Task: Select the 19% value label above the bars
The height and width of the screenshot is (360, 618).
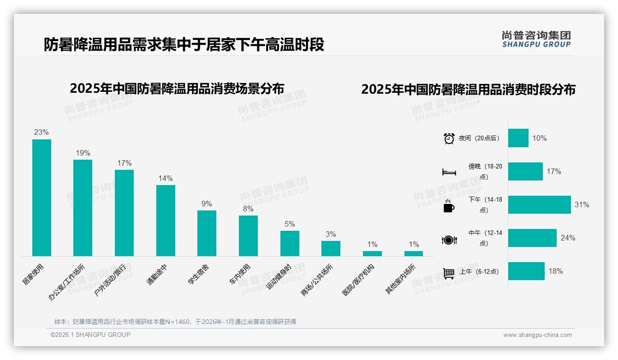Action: pos(83,153)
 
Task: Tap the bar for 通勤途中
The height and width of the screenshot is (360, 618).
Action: pos(166,220)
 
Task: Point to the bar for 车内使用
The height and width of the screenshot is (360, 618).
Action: pos(248,235)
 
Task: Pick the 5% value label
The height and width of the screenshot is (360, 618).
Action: pos(290,224)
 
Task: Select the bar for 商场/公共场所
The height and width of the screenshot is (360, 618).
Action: pos(331,248)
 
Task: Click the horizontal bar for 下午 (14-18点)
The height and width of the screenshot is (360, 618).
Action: pos(539,204)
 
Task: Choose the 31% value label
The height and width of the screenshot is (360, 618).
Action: pos(582,204)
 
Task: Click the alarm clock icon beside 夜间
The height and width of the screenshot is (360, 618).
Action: pos(449,138)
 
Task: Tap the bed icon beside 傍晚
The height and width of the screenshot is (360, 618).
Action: pos(449,172)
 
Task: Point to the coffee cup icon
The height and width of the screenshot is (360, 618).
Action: pos(449,206)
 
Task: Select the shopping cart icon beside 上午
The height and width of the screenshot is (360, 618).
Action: pos(449,273)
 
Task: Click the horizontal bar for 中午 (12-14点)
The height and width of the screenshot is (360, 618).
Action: pos(532,238)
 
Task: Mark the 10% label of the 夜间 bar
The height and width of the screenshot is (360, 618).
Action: pos(539,138)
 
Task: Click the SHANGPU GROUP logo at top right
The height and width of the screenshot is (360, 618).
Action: pos(536,39)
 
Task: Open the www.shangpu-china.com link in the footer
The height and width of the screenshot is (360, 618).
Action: pos(537,335)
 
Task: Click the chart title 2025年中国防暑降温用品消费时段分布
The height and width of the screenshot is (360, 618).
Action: pos(468,89)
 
